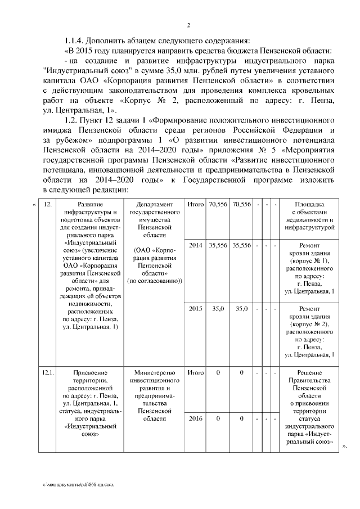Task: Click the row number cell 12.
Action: (x=48, y=204)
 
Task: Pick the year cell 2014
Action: (x=195, y=245)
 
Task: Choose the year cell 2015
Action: (x=195, y=309)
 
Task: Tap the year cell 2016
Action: (x=195, y=418)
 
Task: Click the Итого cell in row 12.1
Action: (x=195, y=373)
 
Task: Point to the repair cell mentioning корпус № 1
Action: (x=310, y=268)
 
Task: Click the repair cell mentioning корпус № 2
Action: (x=310, y=332)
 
